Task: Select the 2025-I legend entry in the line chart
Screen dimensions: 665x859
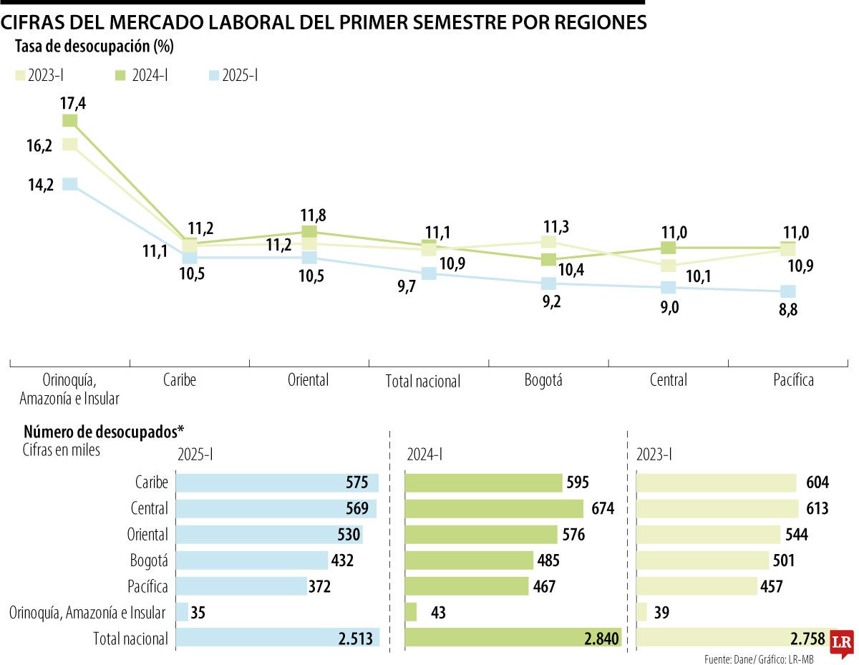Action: (x=232, y=75)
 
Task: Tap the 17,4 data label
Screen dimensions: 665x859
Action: (x=73, y=103)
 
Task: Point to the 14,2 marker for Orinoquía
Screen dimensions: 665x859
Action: (x=69, y=184)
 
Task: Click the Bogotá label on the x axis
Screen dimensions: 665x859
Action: (x=543, y=379)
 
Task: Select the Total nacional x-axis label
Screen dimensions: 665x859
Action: (x=422, y=381)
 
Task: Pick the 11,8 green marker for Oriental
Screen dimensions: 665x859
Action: (x=309, y=231)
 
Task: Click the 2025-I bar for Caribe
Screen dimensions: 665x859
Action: (x=276, y=482)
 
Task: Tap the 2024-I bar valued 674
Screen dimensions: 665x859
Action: (x=495, y=508)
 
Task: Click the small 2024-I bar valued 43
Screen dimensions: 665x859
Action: (x=411, y=613)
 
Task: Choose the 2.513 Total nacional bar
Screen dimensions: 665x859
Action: (x=278, y=639)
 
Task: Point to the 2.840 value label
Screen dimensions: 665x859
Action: (x=599, y=639)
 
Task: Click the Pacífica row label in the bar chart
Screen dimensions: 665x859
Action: (x=149, y=586)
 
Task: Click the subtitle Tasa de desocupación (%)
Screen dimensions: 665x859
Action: (x=94, y=47)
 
